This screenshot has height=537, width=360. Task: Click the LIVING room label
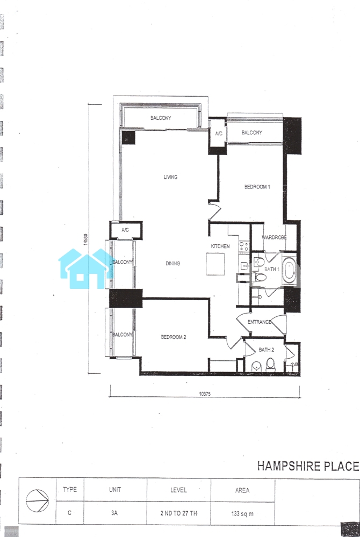(170, 177)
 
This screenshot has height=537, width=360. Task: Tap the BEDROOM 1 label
(257, 187)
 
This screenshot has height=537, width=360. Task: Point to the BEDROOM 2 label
(174, 337)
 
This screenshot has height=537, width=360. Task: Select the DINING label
(172, 263)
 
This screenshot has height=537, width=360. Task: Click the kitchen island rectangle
(215, 264)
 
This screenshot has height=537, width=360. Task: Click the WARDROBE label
(274, 237)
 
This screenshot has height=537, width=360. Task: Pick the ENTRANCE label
(260, 322)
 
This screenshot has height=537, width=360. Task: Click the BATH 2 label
(266, 350)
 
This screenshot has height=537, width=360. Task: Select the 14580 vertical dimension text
(85, 239)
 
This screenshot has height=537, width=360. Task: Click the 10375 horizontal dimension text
(205, 394)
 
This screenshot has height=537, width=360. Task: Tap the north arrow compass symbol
(37, 500)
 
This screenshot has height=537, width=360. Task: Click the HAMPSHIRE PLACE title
(308, 466)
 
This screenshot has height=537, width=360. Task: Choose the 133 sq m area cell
(242, 514)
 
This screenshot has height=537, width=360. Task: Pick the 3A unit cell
(114, 513)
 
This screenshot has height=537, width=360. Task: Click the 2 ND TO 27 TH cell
(178, 513)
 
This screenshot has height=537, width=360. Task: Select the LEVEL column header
(178, 490)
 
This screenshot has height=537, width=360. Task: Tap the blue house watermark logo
(85, 269)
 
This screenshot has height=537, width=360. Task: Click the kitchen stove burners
(244, 246)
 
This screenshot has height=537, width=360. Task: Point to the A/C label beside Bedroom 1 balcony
(219, 134)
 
